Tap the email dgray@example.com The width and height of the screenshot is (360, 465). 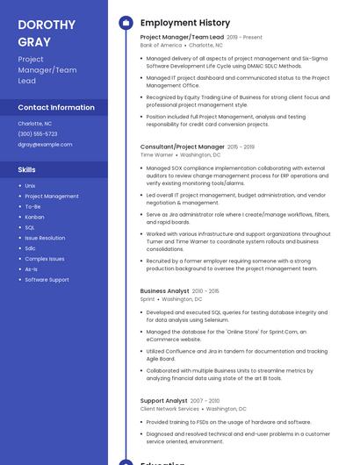(x=45, y=144)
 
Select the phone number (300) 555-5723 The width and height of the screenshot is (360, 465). (x=38, y=133)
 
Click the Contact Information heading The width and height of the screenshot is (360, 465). (x=56, y=107)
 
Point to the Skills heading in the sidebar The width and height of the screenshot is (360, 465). (x=27, y=169)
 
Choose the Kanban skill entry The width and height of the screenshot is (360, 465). (x=34, y=217)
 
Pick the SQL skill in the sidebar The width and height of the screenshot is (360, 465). (x=30, y=227)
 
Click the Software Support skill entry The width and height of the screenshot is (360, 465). (x=47, y=280)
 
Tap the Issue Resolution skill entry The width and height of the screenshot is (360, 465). (x=45, y=238)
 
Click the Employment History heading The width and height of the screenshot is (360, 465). (x=185, y=23)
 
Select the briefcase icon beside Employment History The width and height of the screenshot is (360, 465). (x=126, y=23)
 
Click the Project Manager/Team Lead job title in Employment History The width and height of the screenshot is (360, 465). (x=182, y=38)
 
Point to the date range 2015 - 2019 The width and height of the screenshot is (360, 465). (x=241, y=147)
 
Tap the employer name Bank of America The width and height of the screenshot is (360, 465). (x=161, y=45)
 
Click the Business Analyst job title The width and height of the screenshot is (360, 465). (x=164, y=290)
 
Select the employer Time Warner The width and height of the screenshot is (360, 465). (x=157, y=154)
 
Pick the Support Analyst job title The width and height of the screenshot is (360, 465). (x=163, y=401)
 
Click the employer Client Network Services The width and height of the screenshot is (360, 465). (x=169, y=408)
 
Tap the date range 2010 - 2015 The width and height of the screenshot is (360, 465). (x=205, y=290)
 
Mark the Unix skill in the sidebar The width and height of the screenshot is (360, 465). (x=30, y=185)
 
